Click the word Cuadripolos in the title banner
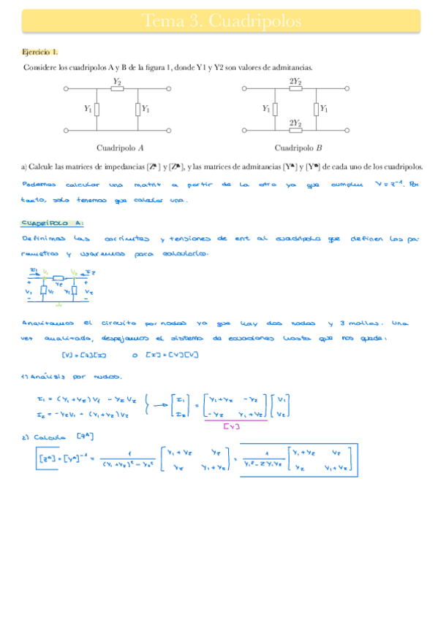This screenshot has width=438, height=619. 260,22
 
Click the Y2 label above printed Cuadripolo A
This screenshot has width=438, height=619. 117,80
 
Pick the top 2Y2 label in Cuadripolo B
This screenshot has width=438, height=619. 295,80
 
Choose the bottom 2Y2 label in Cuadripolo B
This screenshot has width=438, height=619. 295,123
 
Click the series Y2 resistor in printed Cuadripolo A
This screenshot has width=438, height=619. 117,89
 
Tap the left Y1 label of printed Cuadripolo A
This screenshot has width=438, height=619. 88,109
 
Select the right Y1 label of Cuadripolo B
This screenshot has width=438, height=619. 322,109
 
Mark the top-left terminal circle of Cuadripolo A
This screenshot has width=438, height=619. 67,89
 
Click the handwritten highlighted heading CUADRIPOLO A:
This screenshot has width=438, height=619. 53,223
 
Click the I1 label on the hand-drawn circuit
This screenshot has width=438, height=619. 33,270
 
